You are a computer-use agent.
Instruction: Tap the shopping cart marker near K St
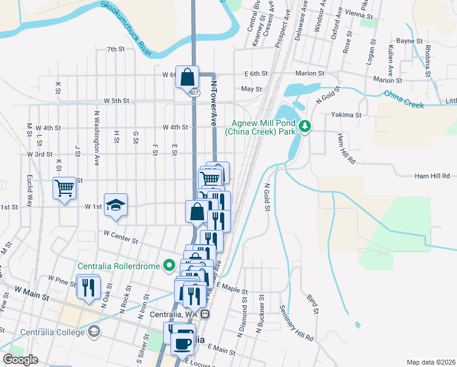pyautogui.click(x=64, y=188)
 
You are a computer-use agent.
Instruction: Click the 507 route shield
pyautogui.click(x=194, y=93)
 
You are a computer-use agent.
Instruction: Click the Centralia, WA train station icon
pyautogui.click(x=207, y=314)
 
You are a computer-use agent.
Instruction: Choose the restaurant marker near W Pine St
pyautogui.click(x=89, y=286)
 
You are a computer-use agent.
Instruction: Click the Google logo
pyautogui.click(x=21, y=360)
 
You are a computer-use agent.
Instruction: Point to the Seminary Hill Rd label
pyautogui.click(x=296, y=323)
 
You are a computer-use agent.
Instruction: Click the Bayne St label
pyautogui.click(x=409, y=41)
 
